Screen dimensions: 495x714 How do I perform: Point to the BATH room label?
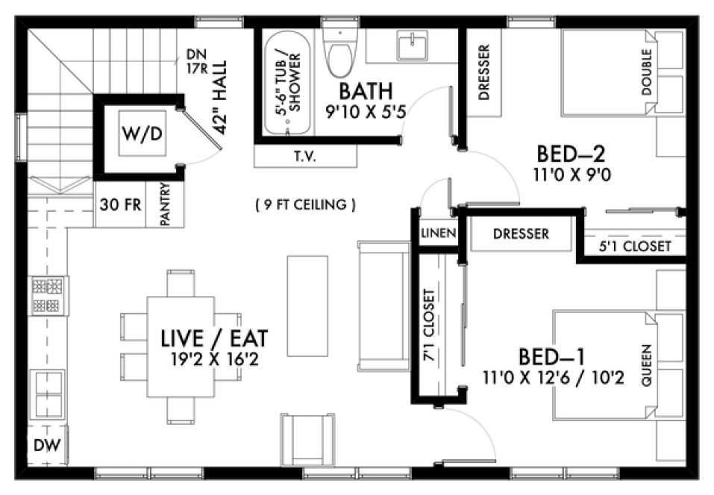(x=366, y=92)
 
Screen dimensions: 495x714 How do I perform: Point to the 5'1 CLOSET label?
(x=635, y=246)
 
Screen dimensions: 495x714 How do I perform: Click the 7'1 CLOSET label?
(x=428, y=324)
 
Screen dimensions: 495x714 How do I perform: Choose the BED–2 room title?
(x=571, y=154)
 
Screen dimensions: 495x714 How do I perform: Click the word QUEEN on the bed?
(x=645, y=365)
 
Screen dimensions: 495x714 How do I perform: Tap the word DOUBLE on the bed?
(x=646, y=72)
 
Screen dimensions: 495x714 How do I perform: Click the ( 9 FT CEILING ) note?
(x=304, y=204)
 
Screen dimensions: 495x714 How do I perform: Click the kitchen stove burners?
(x=48, y=294)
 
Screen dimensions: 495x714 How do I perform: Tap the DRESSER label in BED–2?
(x=483, y=73)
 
